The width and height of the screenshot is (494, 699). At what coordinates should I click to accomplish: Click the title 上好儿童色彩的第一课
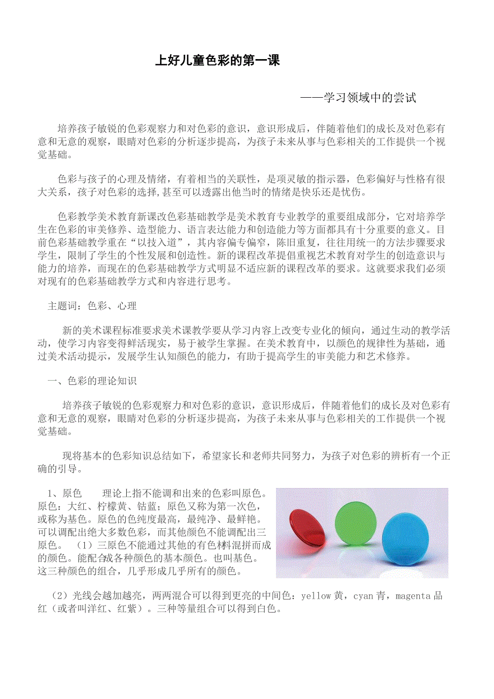click(217, 61)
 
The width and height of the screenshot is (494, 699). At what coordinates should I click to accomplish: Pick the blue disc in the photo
click(405, 538)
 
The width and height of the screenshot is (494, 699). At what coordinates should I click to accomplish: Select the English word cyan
click(363, 596)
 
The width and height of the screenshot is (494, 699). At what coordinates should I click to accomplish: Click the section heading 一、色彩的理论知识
click(92, 381)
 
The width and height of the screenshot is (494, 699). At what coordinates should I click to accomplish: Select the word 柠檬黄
click(112, 506)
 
